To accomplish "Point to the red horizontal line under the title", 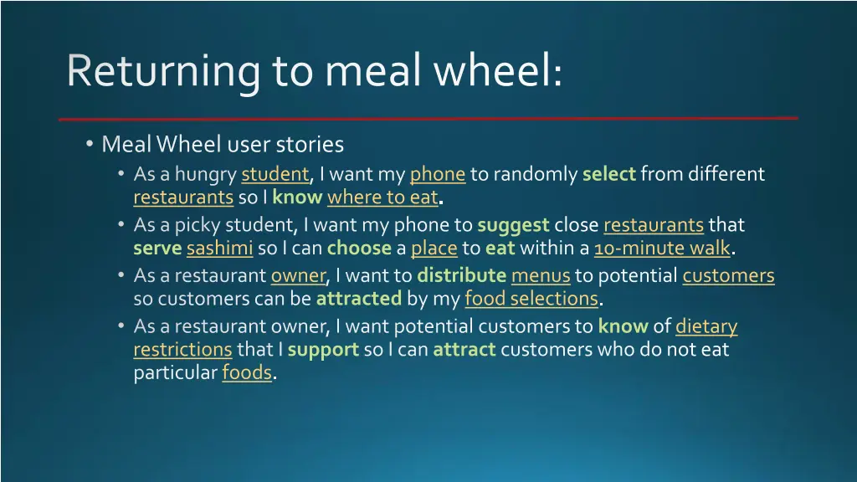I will click(428, 118).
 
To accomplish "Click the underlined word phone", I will click(437, 174).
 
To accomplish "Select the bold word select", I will click(609, 174).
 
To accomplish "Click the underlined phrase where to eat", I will click(382, 198).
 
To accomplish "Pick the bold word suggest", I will click(513, 225).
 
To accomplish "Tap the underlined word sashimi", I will click(219, 249).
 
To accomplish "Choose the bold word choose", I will click(359, 249).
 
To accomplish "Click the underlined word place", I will click(434, 249).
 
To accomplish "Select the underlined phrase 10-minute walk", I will click(662, 249).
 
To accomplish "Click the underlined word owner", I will click(297, 275).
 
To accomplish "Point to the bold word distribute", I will click(461, 275).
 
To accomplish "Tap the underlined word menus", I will click(541, 275).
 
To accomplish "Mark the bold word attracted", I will click(359, 299).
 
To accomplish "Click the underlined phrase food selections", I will click(531, 299).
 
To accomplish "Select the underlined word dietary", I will click(706, 326).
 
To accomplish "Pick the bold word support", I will click(323, 349).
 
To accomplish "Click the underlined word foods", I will click(247, 373).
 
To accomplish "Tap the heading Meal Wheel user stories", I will click(223, 145).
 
